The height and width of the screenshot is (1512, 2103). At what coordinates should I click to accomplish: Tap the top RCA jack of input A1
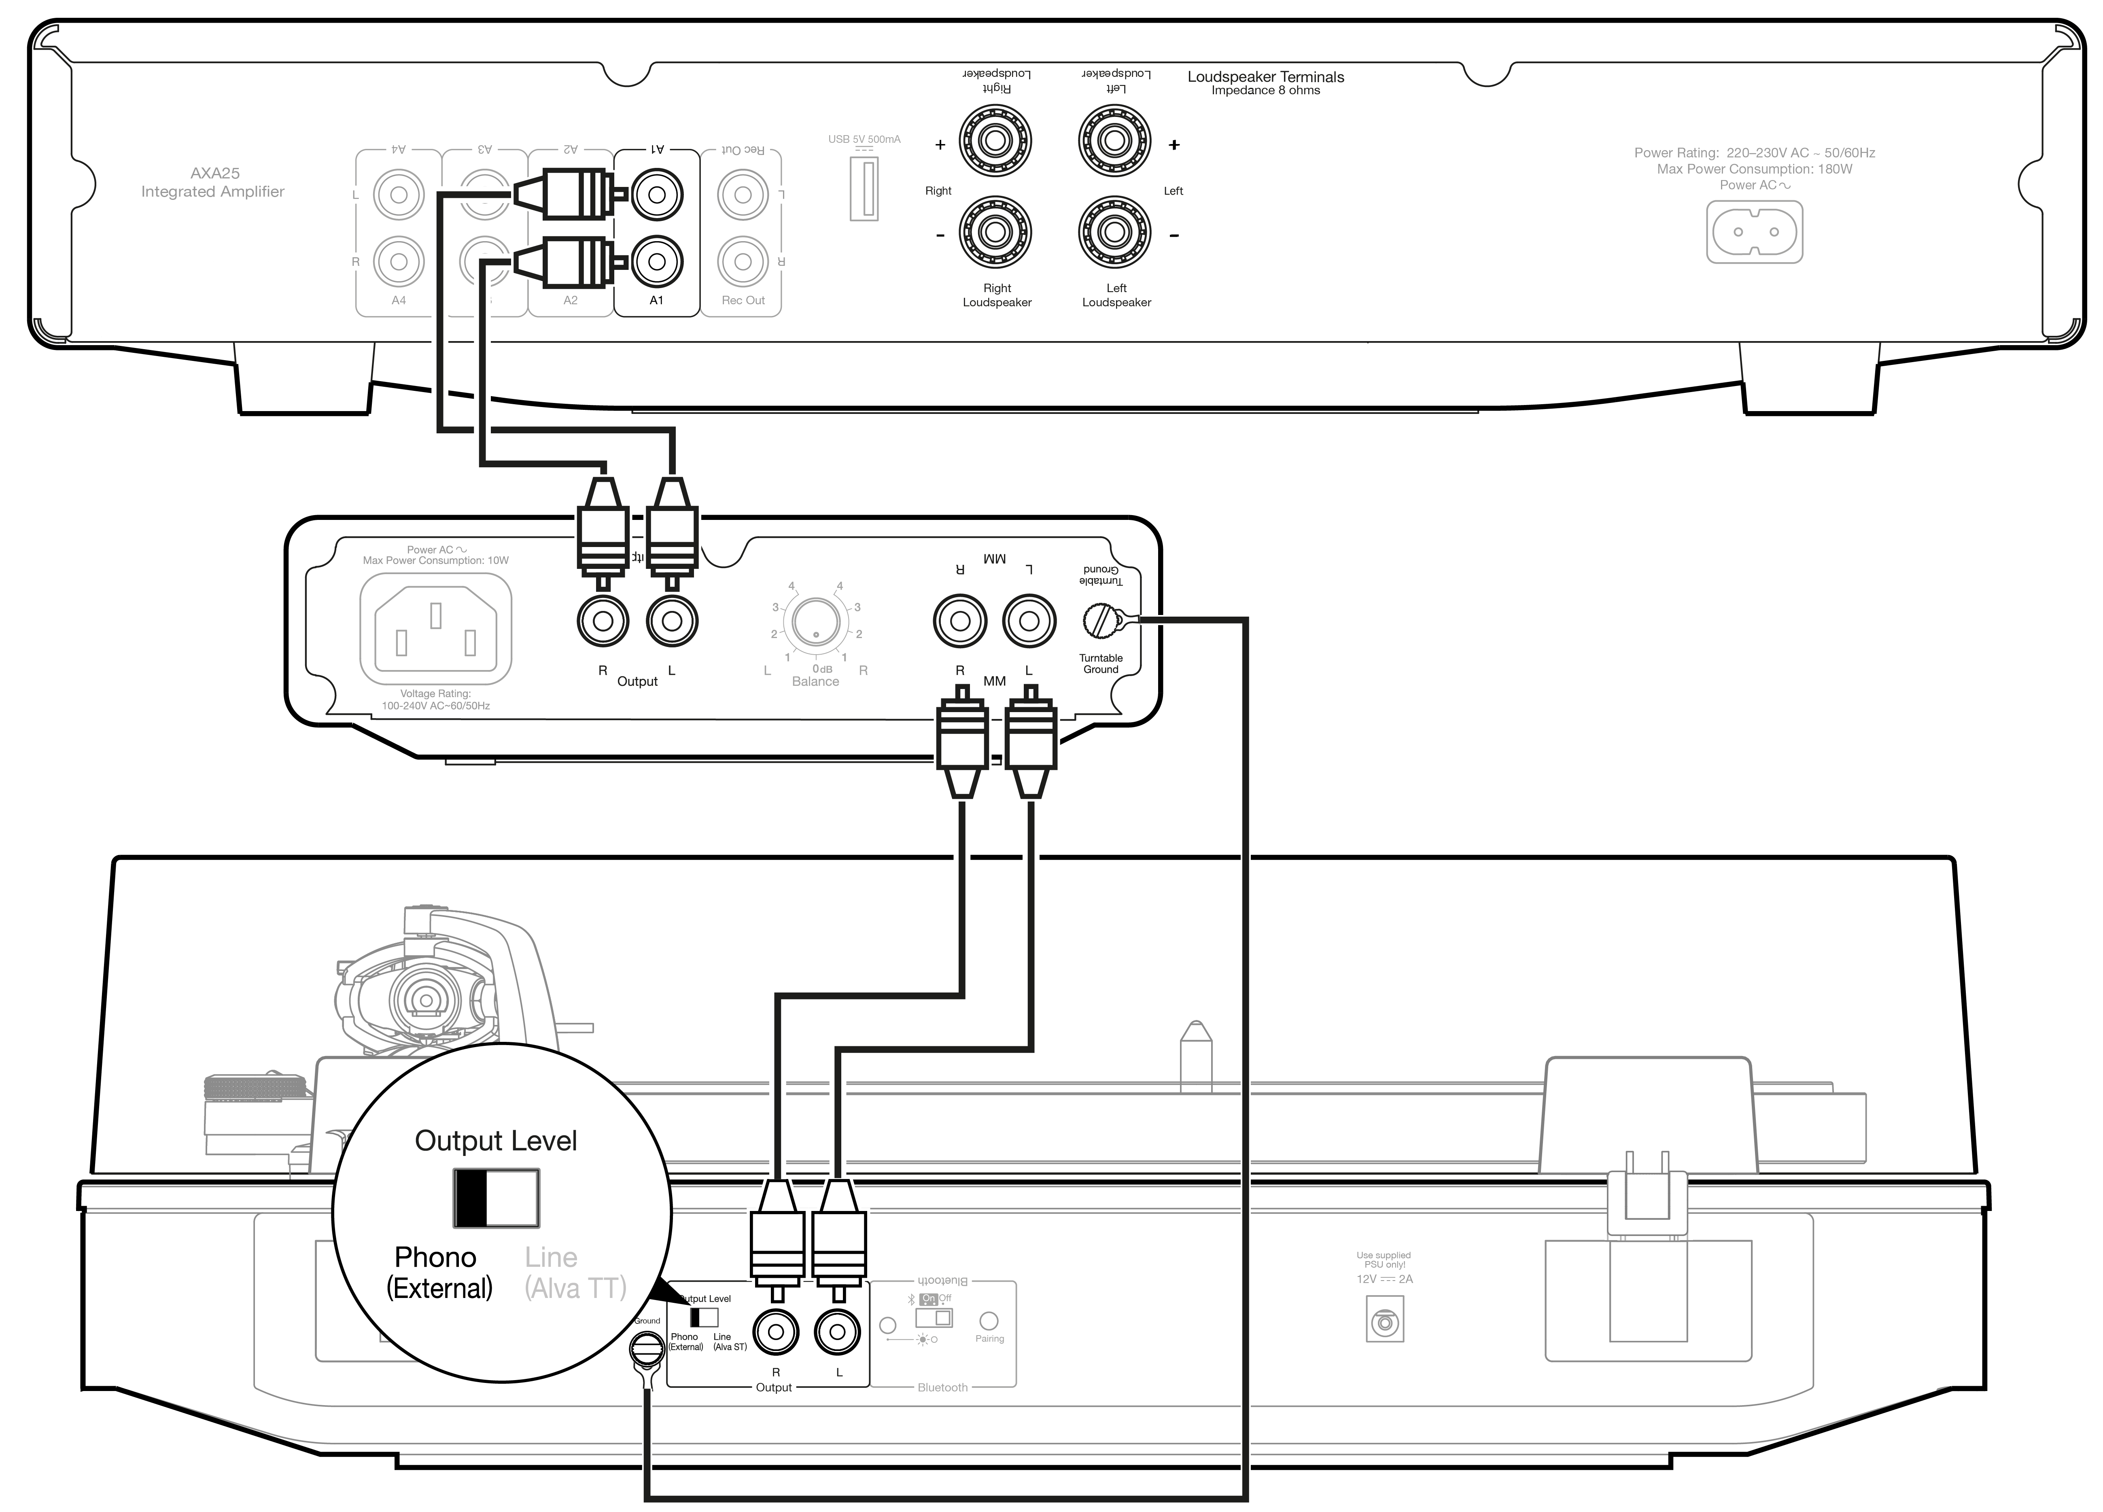[x=656, y=195]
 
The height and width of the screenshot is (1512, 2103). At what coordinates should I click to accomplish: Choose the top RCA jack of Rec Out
[x=743, y=195]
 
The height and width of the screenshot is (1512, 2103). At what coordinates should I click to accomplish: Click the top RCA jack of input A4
[x=399, y=195]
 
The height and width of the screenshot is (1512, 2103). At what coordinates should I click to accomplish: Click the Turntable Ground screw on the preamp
[x=1101, y=620]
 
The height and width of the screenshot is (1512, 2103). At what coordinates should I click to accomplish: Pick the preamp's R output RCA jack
[x=603, y=621]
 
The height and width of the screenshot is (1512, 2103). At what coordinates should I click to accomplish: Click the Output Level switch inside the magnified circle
[x=496, y=1198]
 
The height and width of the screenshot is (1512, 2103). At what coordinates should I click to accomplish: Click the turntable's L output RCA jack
[x=837, y=1333]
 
